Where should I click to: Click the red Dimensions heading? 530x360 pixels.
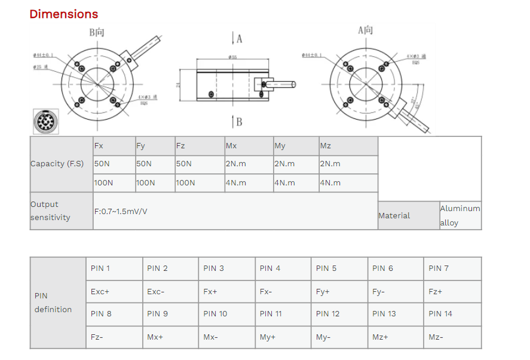[63, 14]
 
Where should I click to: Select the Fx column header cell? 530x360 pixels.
[114, 146]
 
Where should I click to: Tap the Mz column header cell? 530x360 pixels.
[348, 146]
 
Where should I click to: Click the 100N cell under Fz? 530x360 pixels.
[199, 182]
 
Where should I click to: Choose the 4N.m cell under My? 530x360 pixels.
[295, 182]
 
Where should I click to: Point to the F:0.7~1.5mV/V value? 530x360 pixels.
[121, 211]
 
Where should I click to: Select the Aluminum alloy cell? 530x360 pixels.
[460, 215]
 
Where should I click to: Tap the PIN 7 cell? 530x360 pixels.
[452, 269]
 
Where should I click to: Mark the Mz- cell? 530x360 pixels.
[452, 337]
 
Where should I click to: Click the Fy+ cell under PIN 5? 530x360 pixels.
[339, 292]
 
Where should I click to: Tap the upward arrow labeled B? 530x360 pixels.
[233, 122]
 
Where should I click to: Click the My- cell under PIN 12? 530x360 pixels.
[339, 337]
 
